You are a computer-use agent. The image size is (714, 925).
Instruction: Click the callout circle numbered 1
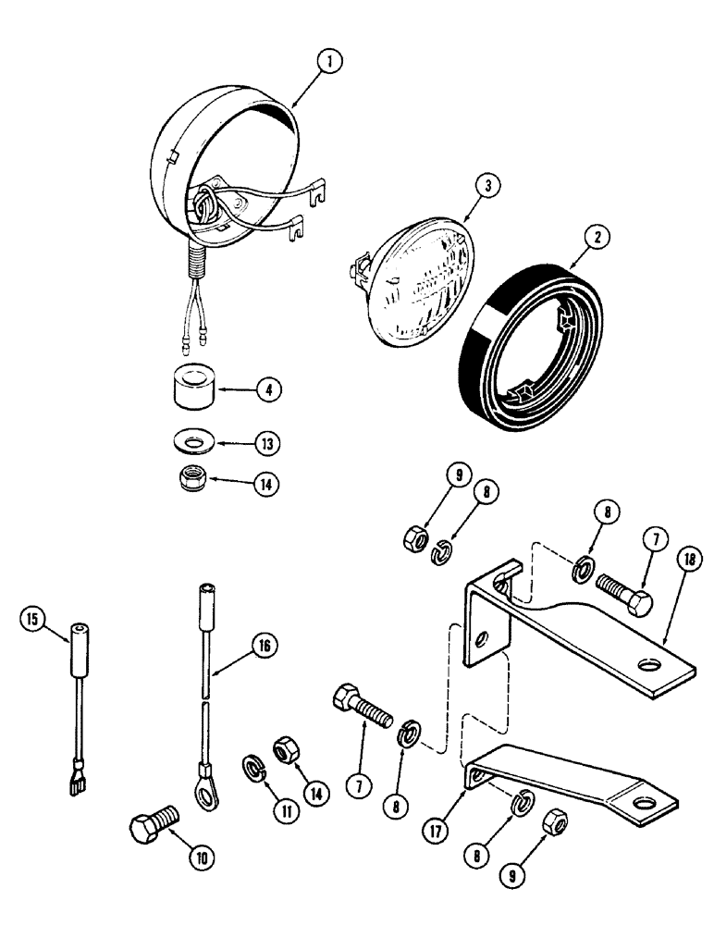[x=328, y=62]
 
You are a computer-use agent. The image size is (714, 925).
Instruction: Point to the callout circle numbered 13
[x=266, y=444]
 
